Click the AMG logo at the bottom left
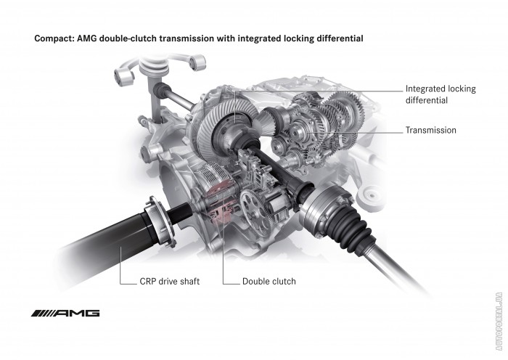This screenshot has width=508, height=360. click(x=65, y=313)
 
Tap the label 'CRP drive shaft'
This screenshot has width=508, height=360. click(x=169, y=282)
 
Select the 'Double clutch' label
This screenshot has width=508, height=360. click(x=269, y=282)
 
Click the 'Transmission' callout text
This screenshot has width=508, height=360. click(x=431, y=130)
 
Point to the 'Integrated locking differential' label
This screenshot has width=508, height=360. click(x=441, y=94)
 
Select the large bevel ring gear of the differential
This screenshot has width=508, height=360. click(x=224, y=126)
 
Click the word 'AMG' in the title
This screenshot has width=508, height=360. click(x=87, y=38)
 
